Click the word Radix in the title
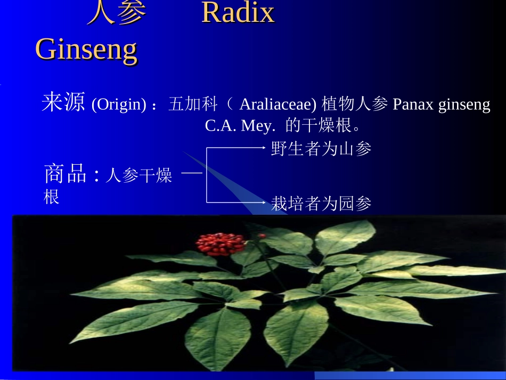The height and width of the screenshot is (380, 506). [x=238, y=13]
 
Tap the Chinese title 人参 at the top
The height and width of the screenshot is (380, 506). [x=116, y=13]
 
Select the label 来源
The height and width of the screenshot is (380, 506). [x=63, y=103]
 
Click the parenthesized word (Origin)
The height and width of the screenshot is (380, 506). [x=119, y=105]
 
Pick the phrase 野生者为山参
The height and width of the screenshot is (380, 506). [x=321, y=149]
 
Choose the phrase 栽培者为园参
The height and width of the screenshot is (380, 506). [x=321, y=203]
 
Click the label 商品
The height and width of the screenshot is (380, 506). [x=65, y=174]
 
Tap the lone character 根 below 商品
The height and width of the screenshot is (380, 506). [x=51, y=197]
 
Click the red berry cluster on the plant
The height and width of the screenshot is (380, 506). [x=220, y=244]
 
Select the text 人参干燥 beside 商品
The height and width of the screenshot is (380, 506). [x=138, y=176]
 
